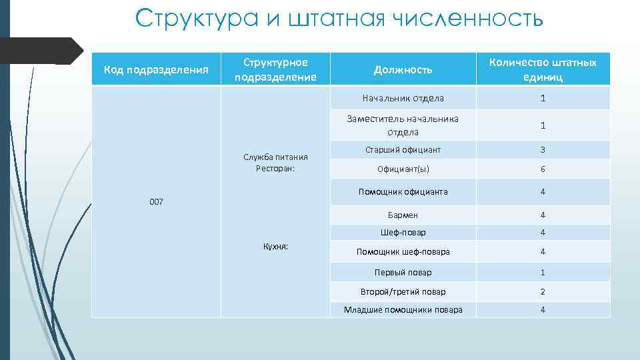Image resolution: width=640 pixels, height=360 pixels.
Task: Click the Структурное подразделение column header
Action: click(275, 69)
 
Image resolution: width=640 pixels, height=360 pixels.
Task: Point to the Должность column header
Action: click(403, 69)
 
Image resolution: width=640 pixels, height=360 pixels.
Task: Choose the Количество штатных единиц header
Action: click(543, 69)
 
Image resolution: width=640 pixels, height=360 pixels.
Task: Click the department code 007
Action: click(156, 201)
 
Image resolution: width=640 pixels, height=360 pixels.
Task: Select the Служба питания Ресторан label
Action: click(275, 163)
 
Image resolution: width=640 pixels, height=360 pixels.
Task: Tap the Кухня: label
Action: click(275, 246)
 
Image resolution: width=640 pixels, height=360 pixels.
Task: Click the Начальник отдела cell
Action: click(403, 99)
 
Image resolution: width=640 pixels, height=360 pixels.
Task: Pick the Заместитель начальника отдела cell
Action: click(403, 125)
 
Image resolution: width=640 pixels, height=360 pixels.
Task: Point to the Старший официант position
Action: click(403, 150)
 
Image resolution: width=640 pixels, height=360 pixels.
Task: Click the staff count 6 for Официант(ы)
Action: click(543, 169)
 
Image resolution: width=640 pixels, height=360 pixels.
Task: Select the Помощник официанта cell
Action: click(403, 192)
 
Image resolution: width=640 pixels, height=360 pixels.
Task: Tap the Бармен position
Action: click(403, 215)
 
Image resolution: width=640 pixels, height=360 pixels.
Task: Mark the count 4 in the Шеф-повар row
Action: click(543, 233)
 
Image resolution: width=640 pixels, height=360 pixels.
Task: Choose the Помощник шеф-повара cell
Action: click(403, 252)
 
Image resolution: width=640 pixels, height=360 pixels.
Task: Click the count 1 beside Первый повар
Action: click(543, 272)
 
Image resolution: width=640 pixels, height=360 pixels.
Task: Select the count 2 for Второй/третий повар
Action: click(543, 291)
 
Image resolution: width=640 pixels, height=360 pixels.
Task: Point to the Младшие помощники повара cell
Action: click(403, 310)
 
